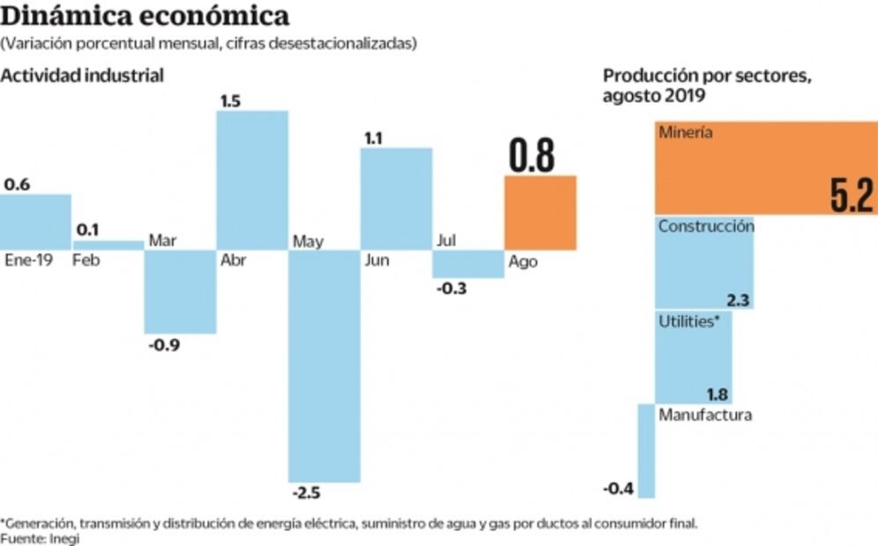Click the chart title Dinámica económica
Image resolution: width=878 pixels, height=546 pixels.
pyautogui.click(x=145, y=16)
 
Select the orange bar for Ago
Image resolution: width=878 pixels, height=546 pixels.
pyautogui.click(x=539, y=212)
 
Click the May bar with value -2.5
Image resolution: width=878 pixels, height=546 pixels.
pyautogui.click(x=324, y=365)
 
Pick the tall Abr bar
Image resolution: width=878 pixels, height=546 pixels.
pyautogui.click(x=252, y=180)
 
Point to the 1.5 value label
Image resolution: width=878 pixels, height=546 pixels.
pyautogui.click(x=230, y=100)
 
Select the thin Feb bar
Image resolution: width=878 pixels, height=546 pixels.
pyautogui.click(x=108, y=245)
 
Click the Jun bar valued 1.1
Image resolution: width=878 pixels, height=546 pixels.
pyautogui.click(x=396, y=198)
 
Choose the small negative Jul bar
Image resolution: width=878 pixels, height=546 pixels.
pyautogui.click(x=467, y=264)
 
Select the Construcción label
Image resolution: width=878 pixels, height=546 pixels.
pyautogui.click(x=706, y=225)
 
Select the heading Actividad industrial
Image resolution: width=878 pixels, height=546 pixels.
pyautogui.click(x=82, y=76)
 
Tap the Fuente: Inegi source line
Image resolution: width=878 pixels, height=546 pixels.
pyautogui.click(x=40, y=537)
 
